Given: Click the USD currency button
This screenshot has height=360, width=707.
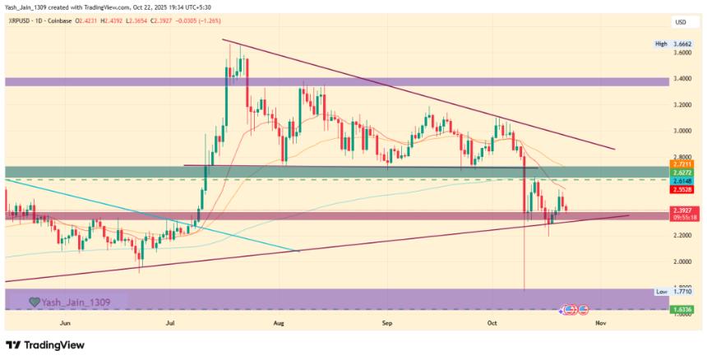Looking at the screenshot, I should [x=681, y=21].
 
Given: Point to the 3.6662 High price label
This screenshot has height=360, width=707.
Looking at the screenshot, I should [x=682, y=44].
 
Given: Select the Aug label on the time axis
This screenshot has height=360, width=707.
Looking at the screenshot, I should [x=279, y=325].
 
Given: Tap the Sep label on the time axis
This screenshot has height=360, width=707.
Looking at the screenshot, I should [x=388, y=325].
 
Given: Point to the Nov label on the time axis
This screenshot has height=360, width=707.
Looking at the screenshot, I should [x=601, y=325].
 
